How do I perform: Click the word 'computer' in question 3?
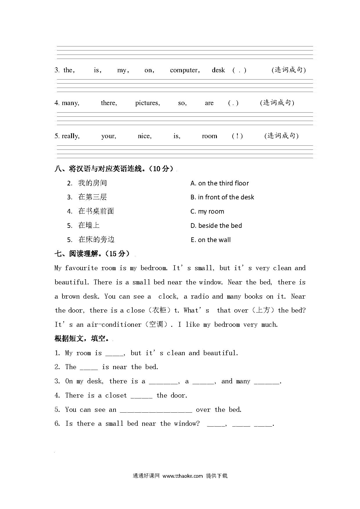[x=184, y=70]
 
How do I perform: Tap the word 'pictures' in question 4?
[x=147, y=103]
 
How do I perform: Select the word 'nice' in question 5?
[x=145, y=136]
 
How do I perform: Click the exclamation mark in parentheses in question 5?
[x=237, y=136]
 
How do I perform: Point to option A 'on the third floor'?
[x=220, y=183]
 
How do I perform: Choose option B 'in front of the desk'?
[x=222, y=197]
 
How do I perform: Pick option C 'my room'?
[x=207, y=212]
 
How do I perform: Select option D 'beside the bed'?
[x=216, y=226]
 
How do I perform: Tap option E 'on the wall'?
[x=210, y=240]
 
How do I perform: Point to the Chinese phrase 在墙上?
[x=89, y=225]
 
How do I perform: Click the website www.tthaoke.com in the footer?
[x=183, y=476]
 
